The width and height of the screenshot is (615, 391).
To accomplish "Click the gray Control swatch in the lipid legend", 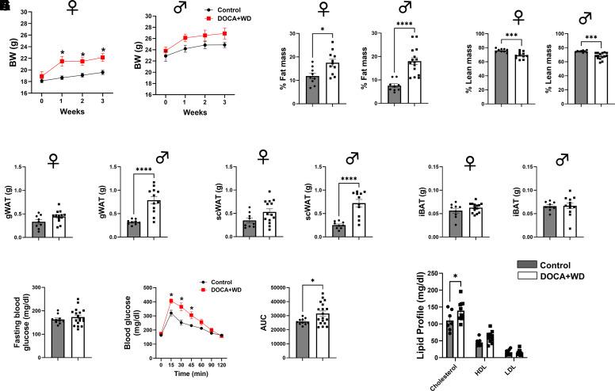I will coord(528,265).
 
